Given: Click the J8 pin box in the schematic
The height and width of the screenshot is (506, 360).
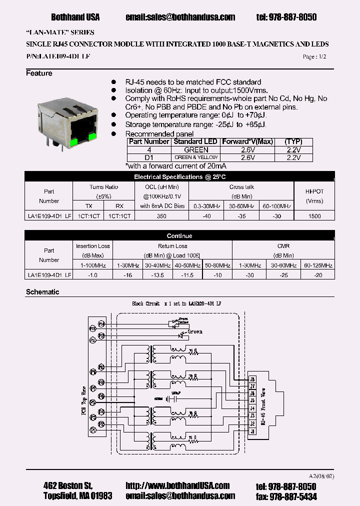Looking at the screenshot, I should click(x=252, y=378).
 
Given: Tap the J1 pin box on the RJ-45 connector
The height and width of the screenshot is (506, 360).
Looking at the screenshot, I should click(x=252, y=431).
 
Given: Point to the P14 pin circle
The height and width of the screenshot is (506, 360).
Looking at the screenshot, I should click(x=101, y=323).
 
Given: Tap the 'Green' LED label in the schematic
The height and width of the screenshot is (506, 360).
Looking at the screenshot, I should click(x=195, y=331).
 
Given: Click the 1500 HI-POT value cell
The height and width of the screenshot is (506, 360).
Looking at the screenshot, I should click(x=314, y=215).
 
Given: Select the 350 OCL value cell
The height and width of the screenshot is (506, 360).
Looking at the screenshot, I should click(x=162, y=215).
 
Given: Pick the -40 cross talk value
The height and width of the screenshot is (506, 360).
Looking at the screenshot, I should click(x=207, y=215).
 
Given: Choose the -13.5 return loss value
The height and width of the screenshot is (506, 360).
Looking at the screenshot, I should click(x=158, y=274).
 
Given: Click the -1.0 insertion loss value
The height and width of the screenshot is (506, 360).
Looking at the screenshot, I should click(x=93, y=274).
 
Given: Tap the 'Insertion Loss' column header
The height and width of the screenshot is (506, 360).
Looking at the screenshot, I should click(x=93, y=246).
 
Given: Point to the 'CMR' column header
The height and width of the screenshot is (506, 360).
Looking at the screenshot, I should click(x=283, y=246).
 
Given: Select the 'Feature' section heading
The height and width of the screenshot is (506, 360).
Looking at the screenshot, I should click(x=39, y=73).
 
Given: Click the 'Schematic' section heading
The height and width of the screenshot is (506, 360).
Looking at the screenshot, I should click(x=42, y=292).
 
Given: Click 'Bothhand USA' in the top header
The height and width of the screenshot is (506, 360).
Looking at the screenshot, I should click(x=75, y=17).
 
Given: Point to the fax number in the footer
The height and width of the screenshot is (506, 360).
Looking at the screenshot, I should click(x=286, y=496).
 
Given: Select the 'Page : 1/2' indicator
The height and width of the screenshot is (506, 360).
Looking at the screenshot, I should click(x=314, y=56).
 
